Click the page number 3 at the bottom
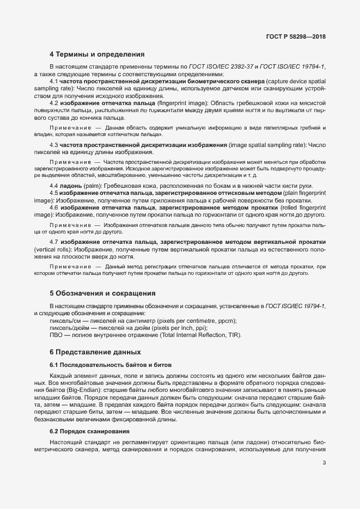(x=324, y=463)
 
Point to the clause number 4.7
(x=54, y=242)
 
